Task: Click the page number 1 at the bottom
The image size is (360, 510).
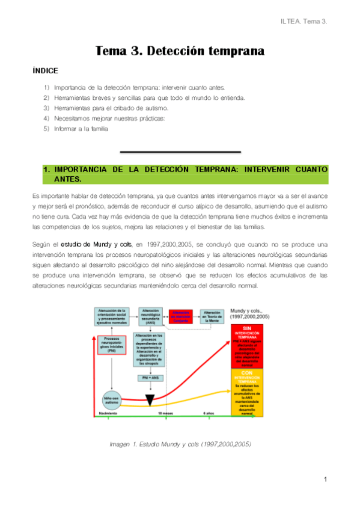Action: click(x=325, y=479)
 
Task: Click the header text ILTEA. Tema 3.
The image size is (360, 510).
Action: click(x=304, y=22)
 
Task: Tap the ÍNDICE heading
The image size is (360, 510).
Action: click(x=46, y=71)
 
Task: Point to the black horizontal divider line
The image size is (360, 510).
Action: click(x=180, y=152)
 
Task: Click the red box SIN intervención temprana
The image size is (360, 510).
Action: click(x=247, y=346)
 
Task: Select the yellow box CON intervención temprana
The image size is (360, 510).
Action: click(x=247, y=392)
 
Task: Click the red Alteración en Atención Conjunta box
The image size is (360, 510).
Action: click(x=180, y=316)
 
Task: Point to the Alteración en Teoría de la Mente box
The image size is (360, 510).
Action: click(x=212, y=316)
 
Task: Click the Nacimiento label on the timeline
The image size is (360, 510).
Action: click(x=108, y=414)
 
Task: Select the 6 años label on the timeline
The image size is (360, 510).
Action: click(x=207, y=414)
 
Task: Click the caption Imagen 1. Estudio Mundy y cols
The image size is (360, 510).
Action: click(x=180, y=444)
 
